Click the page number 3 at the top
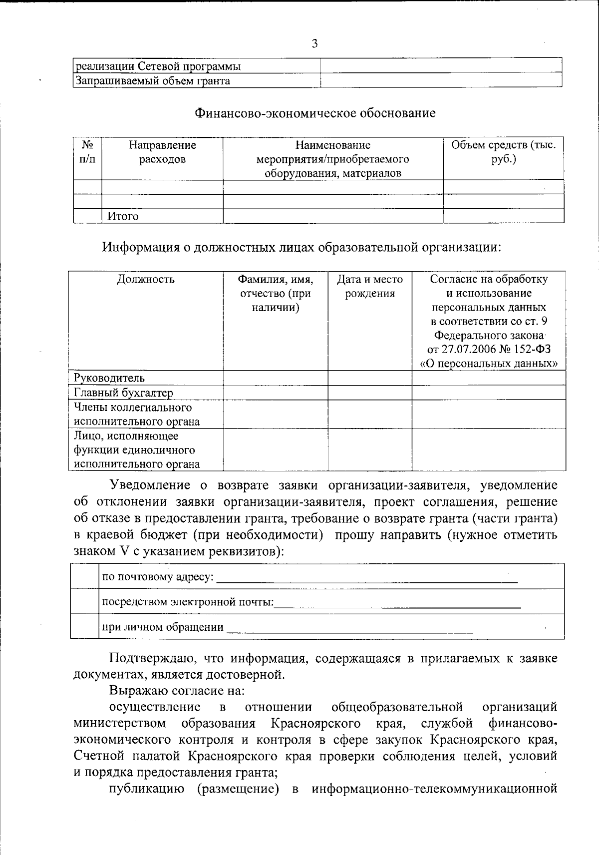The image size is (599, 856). [314, 43]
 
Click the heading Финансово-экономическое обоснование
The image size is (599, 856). [315, 113]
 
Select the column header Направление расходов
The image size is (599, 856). [162, 152]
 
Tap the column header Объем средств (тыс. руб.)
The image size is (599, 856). [503, 152]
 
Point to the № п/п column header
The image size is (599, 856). [87, 152]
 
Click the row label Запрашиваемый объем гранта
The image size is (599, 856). [152, 81]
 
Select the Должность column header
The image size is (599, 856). [146, 279]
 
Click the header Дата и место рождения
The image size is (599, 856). [370, 286]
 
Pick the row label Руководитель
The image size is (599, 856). [110, 378]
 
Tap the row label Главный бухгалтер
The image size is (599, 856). [123, 393]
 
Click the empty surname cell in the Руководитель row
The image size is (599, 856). [276, 378]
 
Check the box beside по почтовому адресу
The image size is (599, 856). [84, 577]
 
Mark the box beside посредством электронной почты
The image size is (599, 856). [84, 601]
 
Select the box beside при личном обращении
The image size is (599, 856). [84, 626]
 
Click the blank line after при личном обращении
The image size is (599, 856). [349, 628]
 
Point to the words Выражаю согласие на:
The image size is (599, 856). [177, 691]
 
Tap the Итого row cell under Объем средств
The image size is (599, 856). [503, 216]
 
